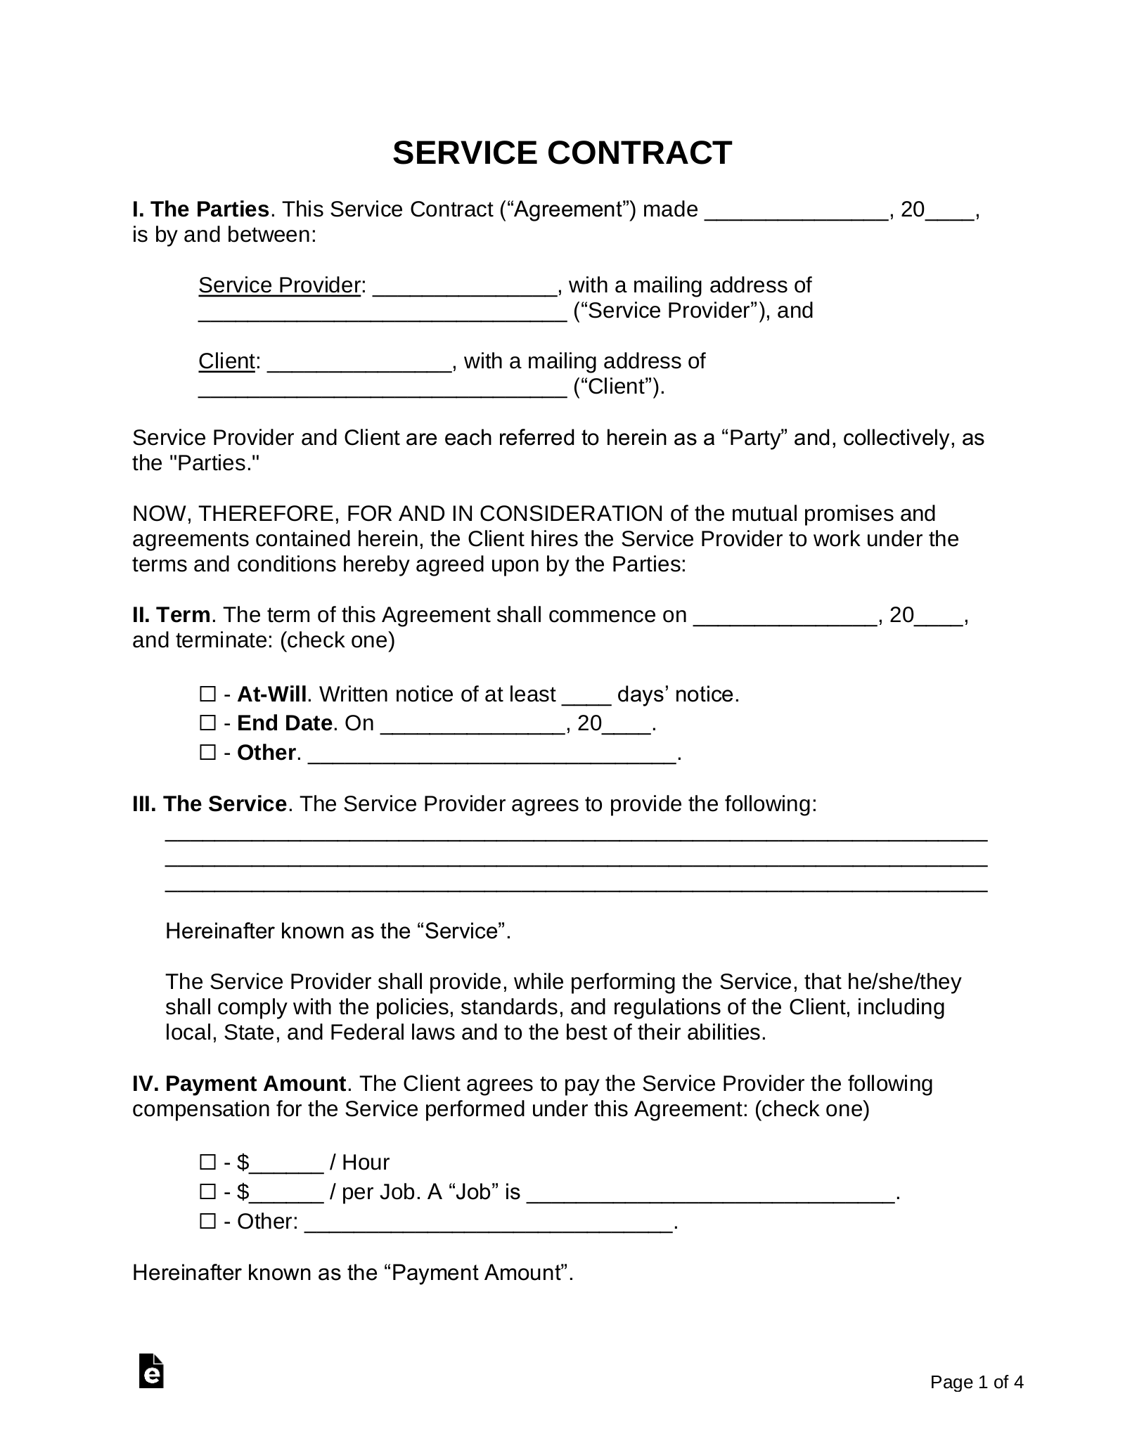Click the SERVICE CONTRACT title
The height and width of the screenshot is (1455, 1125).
[x=562, y=153]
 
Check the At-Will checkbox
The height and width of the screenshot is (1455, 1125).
[x=207, y=694]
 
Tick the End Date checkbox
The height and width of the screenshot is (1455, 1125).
[x=207, y=723]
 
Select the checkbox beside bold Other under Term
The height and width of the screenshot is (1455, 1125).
[x=207, y=753]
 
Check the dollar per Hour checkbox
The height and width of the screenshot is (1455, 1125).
[x=207, y=1163]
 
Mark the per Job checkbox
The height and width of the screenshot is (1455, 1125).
[x=207, y=1192]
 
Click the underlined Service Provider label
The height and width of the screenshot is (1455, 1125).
[x=279, y=285]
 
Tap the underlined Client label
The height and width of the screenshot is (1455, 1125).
[x=226, y=361]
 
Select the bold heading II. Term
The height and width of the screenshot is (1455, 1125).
[x=172, y=615]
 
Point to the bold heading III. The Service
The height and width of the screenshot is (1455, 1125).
[x=209, y=804]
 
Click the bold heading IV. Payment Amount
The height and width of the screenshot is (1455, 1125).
[x=239, y=1084]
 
